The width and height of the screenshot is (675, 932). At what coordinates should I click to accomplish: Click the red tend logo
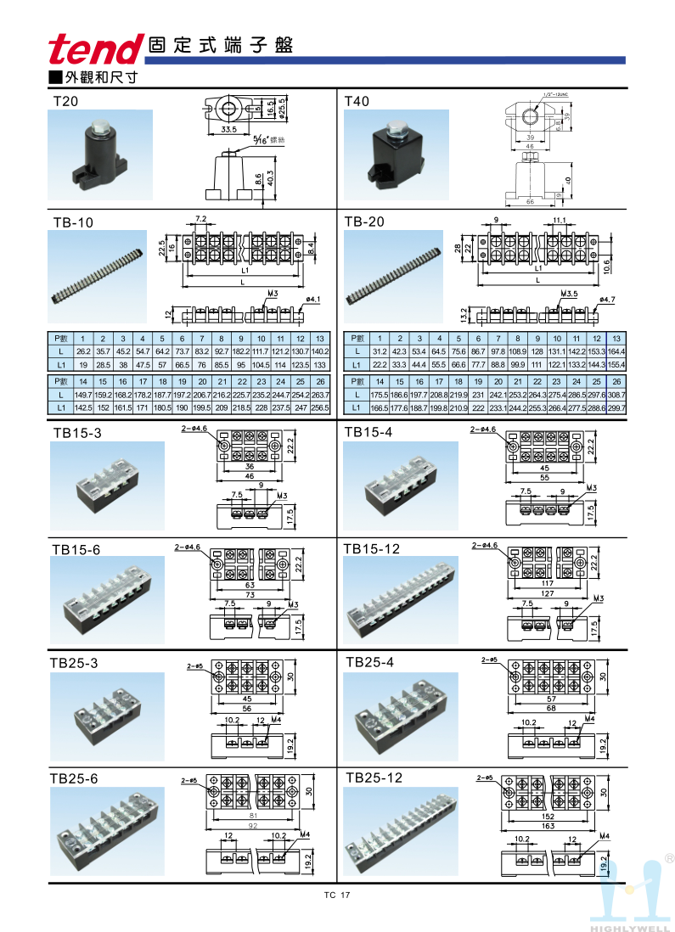click(94, 49)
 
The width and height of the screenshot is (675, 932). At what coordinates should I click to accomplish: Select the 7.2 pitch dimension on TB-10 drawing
click(200, 219)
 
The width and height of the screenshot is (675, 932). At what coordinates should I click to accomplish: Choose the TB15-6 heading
click(76, 549)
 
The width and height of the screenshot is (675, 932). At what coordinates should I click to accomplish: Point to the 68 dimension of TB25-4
click(550, 708)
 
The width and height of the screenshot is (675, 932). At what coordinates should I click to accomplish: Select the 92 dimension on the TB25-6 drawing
click(252, 824)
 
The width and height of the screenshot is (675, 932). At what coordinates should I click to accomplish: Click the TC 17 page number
click(337, 896)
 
